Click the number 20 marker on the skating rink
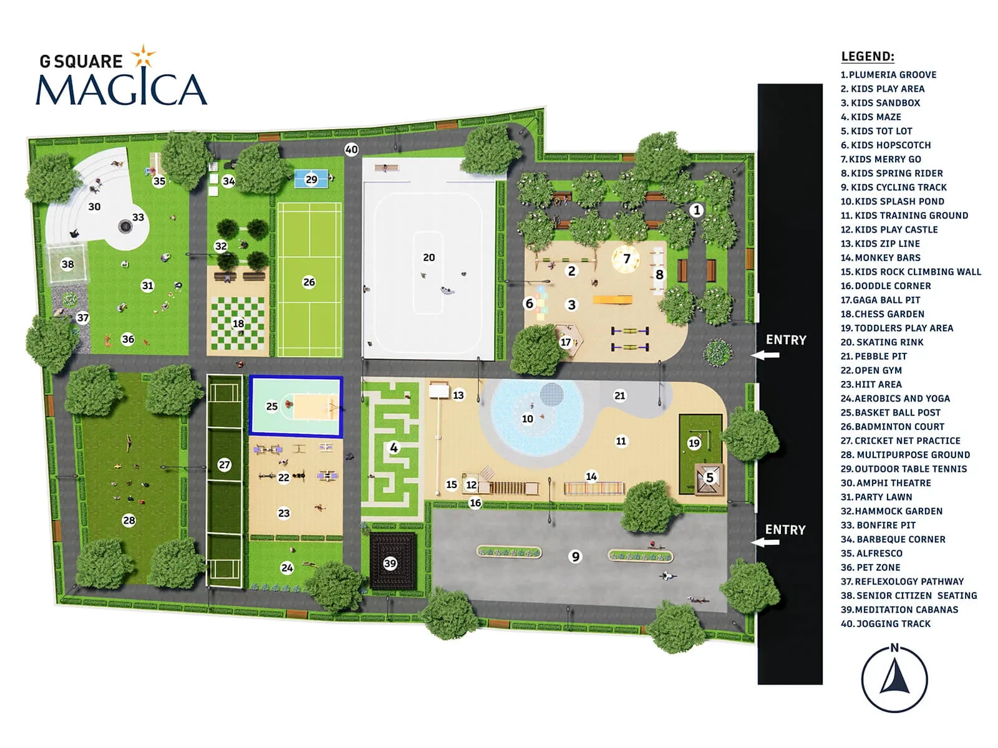(x=429, y=257)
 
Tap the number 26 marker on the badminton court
(x=309, y=282)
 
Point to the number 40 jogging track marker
(x=351, y=150)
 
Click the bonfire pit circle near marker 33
(x=125, y=226)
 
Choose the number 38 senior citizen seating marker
(x=68, y=264)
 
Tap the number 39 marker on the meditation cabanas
(x=390, y=563)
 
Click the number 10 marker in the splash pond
(x=528, y=418)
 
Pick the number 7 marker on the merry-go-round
(x=627, y=259)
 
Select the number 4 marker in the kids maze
(x=394, y=448)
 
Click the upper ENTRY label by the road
(x=786, y=340)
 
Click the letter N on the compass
(x=894, y=648)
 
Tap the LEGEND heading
(x=868, y=57)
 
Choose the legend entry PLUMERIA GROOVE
(x=888, y=74)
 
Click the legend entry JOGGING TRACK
(x=885, y=623)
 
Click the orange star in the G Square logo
(x=143, y=57)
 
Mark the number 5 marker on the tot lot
(x=709, y=477)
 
